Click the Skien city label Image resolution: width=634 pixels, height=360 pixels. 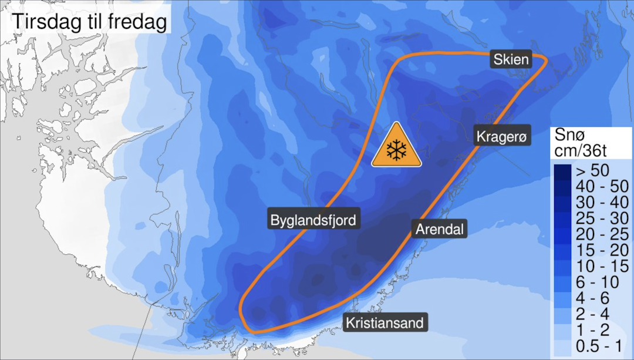point(511,59)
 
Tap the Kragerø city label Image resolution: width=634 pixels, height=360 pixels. point(503,137)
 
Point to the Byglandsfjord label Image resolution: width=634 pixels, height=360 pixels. point(313,221)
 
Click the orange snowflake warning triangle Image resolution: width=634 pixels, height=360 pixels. point(397,147)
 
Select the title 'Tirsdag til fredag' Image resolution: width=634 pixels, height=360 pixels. point(89,22)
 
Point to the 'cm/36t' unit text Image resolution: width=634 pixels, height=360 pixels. point(581,150)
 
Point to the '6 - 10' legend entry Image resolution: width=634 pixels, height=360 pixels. point(593,282)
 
